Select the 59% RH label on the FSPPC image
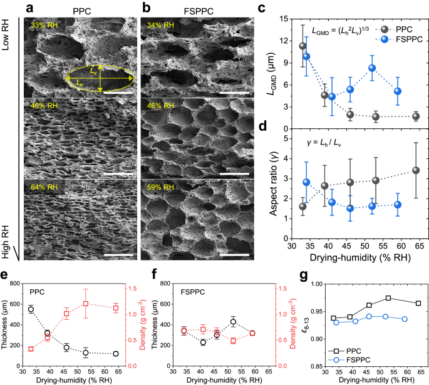(x=158, y=186)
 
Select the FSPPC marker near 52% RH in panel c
(x=372, y=68)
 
